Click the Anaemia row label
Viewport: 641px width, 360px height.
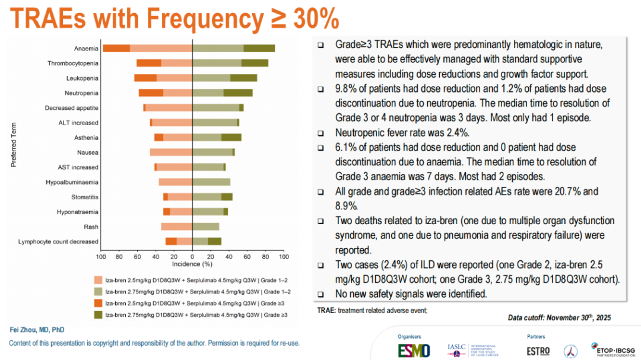pos(86,49)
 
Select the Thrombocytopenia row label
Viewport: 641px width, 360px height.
pos(73,63)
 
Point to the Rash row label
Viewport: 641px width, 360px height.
pos(91,227)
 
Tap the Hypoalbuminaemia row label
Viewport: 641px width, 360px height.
pos(72,182)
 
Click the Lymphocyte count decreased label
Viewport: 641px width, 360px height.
pos(59,241)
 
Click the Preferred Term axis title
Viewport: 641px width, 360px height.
pos(13,145)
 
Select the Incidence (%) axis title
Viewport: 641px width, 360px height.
pos(192,264)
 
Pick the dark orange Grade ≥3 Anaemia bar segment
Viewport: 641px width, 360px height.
pos(116,49)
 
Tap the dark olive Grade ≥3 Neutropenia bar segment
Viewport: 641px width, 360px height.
pos(238,93)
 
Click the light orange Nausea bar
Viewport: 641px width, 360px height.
pos(171,152)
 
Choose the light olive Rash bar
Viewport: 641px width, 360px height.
pos(206,227)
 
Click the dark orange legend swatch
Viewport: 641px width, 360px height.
pos(98,303)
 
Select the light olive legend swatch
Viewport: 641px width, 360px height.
pos(98,292)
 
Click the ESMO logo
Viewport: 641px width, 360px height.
pos(414,350)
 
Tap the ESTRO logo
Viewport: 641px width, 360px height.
pos(538,351)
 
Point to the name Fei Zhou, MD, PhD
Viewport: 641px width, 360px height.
pos(37,330)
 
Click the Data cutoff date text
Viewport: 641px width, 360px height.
pos(559,318)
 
